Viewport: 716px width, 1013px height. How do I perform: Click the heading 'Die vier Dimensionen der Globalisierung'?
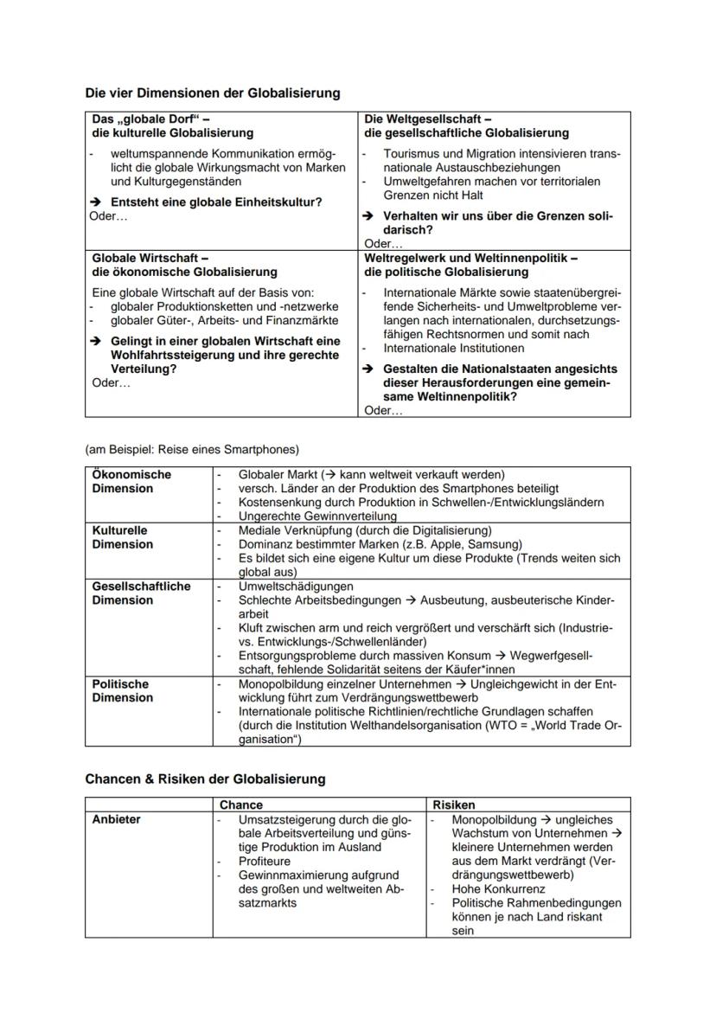pyautogui.click(x=213, y=93)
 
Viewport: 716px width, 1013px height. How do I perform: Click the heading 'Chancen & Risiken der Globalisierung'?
pyautogui.click(x=205, y=779)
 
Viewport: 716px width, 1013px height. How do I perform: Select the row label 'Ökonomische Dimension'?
pyautogui.click(x=131, y=482)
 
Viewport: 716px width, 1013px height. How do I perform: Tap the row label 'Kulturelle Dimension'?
pyautogui.click(x=122, y=537)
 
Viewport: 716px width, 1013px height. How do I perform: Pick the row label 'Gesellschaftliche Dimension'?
pyautogui.click(x=141, y=593)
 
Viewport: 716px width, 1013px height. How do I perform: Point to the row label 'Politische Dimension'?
pyautogui.click(x=120, y=690)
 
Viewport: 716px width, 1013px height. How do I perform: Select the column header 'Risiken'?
pyautogui.click(x=454, y=805)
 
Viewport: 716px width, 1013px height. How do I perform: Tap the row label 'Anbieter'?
pyautogui.click(x=116, y=819)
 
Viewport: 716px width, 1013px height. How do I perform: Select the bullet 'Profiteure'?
pyautogui.click(x=265, y=862)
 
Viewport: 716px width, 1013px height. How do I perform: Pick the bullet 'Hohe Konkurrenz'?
pyautogui.click(x=498, y=889)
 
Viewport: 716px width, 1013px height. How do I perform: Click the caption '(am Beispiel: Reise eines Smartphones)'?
pyautogui.click(x=192, y=449)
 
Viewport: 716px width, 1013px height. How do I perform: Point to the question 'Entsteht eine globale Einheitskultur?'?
pyautogui.click(x=216, y=202)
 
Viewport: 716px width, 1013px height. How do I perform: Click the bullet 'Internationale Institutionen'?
pyautogui.click(x=453, y=349)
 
